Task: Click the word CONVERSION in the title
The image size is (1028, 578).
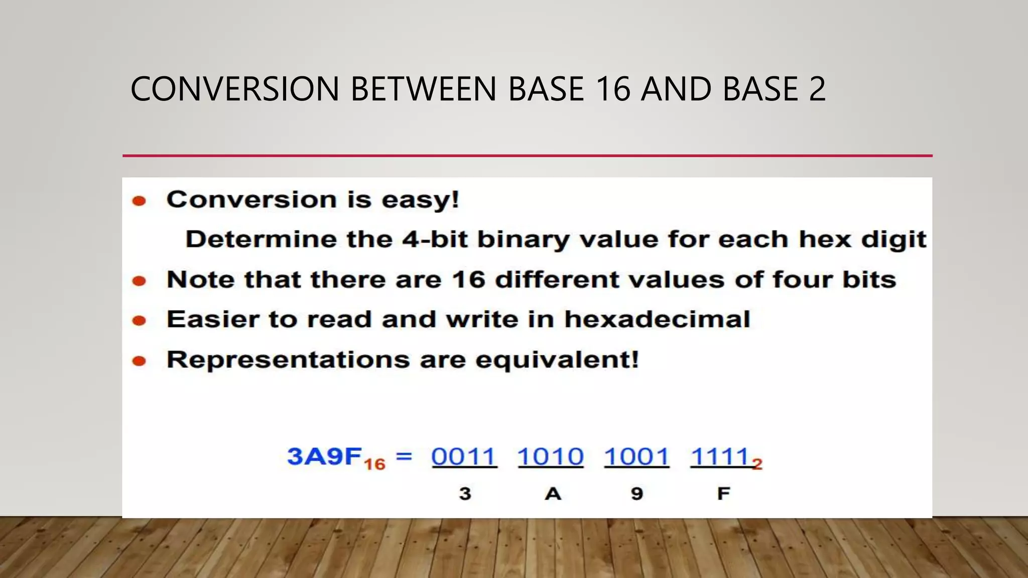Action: (x=235, y=89)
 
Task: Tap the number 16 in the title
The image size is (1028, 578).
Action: (x=613, y=89)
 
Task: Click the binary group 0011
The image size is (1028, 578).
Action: (x=464, y=457)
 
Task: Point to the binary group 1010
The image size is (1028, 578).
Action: (x=551, y=457)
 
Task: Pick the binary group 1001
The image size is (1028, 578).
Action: (x=636, y=457)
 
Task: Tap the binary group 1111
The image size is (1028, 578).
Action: (x=720, y=457)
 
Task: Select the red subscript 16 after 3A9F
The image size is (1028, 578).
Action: (x=374, y=464)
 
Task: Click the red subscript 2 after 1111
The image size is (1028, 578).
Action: (x=757, y=464)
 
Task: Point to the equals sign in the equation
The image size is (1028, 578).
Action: (x=404, y=456)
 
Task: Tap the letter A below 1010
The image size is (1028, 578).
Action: (x=553, y=494)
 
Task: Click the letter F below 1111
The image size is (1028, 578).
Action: (x=723, y=494)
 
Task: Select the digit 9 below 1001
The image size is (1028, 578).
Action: (x=637, y=494)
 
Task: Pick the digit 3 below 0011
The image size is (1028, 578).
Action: (x=465, y=494)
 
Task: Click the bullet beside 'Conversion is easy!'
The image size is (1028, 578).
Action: (x=139, y=201)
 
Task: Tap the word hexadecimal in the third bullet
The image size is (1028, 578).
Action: (x=657, y=320)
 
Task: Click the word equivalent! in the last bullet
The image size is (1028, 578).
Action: (x=557, y=360)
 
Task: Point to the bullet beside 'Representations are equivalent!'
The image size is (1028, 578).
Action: (x=139, y=361)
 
